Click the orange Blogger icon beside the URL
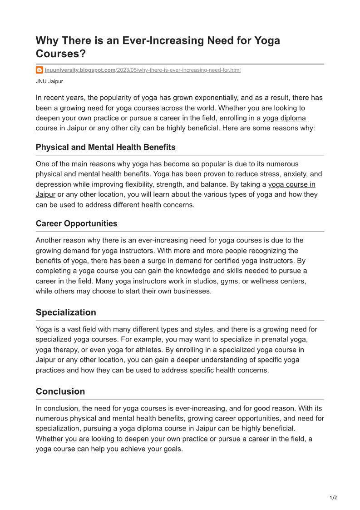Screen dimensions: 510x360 click(x=39, y=70)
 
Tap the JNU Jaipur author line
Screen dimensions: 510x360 click(x=49, y=81)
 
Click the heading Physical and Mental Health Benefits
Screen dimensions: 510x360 click(x=105, y=147)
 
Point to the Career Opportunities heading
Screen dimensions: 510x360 click(x=76, y=223)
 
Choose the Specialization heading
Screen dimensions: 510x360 click(x=66, y=312)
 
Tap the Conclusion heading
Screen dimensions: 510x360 click(x=60, y=391)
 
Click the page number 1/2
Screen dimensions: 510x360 click(x=333, y=498)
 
